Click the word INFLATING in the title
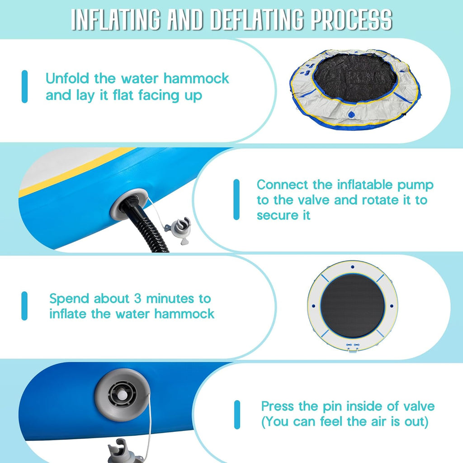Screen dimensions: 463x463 116,19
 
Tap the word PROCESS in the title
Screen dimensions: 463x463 352,19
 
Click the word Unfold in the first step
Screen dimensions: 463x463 67,79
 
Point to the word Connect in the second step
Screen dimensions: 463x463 283,185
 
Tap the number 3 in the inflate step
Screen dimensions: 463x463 138,298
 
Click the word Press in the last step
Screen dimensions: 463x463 278,406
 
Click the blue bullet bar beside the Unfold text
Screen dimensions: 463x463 24,86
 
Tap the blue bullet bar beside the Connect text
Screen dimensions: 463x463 236,199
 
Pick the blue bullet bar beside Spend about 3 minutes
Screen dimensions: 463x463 24,306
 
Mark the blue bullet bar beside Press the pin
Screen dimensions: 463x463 237,415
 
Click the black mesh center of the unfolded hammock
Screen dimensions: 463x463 355,78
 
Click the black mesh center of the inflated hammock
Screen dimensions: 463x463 353,306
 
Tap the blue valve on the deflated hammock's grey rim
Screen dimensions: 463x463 351,114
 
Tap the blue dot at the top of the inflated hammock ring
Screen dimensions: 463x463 353,267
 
